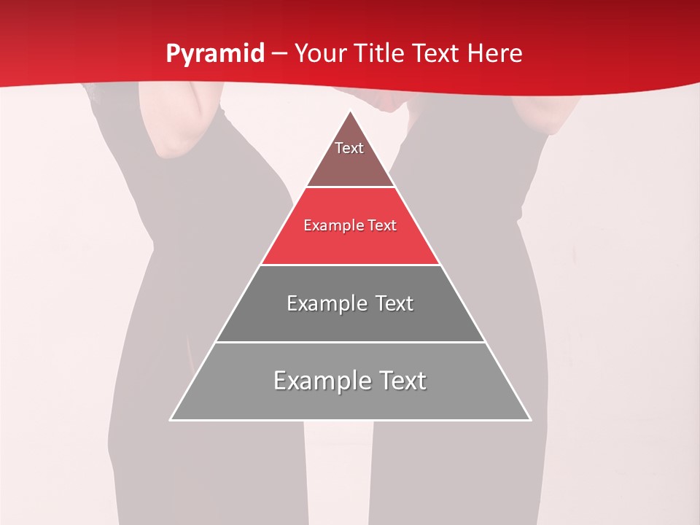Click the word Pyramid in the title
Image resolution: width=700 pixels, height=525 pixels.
[x=214, y=54]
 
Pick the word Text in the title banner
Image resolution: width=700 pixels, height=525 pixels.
[x=437, y=54]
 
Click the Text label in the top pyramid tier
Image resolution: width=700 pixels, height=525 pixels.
[x=349, y=148]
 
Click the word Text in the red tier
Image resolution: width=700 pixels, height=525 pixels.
[x=381, y=226]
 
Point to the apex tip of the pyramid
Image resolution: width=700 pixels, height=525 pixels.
[x=350, y=112]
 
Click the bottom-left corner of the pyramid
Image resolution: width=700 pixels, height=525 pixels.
[x=171, y=419]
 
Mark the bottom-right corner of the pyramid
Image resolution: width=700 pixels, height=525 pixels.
[x=529, y=419]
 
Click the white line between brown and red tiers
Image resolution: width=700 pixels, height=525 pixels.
[x=350, y=187]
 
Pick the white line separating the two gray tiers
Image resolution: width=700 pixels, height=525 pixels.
[x=350, y=342]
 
